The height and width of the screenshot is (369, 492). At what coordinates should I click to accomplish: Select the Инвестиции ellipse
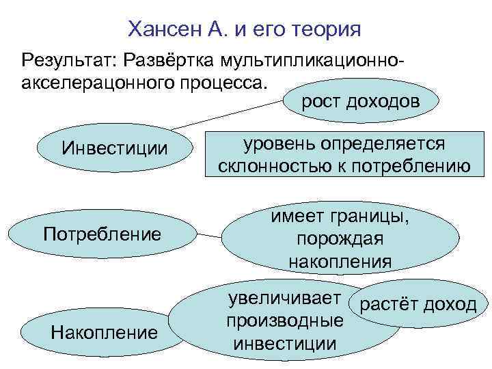coord(114,148)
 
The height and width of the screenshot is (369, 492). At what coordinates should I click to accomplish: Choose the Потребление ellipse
coord(102,234)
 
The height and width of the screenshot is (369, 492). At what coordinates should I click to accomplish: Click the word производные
coord(284,321)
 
